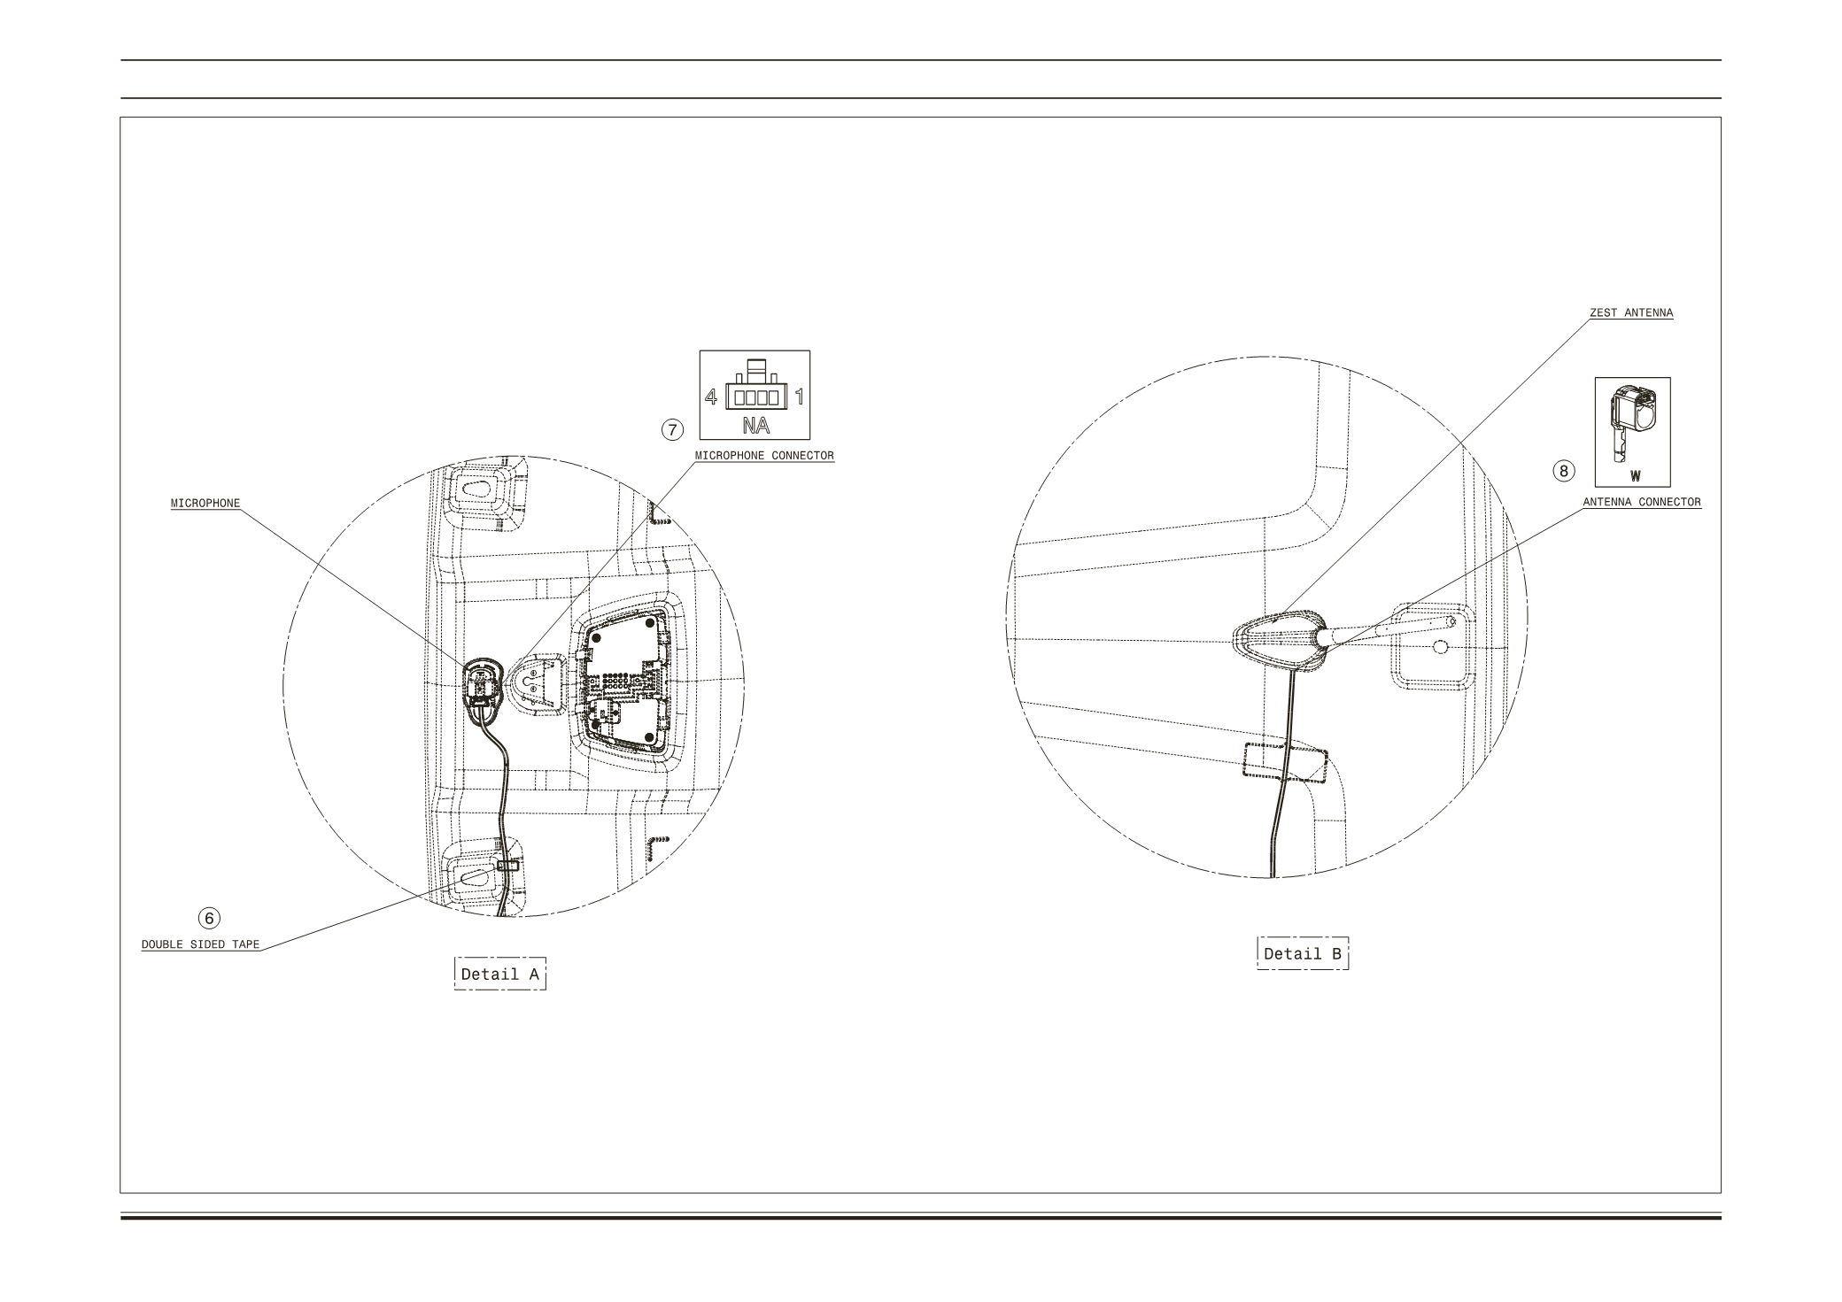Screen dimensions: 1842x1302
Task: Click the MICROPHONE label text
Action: pyautogui.click(x=205, y=504)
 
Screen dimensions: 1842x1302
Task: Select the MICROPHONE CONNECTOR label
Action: pyautogui.click(x=764, y=456)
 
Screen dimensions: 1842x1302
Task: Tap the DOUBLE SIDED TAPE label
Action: pyautogui.click(x=201, y=944)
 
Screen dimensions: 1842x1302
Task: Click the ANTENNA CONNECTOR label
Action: pyautogui.click(x=1642, y=502)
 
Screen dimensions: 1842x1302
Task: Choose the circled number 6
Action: pyautogui.click(x=209, y=918)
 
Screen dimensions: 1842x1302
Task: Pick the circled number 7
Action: pyautogui.click(x=673, y=430)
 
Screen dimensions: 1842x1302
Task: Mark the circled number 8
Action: pyautogui.click(x=1564, y=471)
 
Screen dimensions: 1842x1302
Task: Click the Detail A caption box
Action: pyautogui.click(x=500, y=974)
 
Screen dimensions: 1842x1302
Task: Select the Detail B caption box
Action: pyautogui.click(x=1303, y=953)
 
